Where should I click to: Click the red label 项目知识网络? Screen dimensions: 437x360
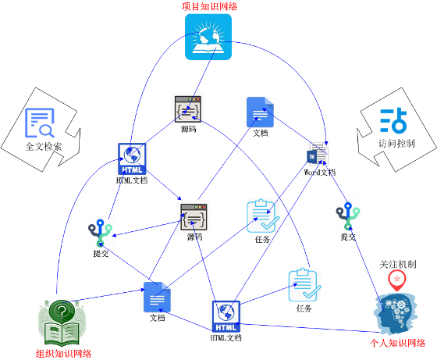pyautogui.click(x=209, y=6)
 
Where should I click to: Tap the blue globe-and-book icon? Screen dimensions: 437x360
pyautogui.click(x=208, y=37)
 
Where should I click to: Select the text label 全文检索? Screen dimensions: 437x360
pyautogui.click(x=44, y=146)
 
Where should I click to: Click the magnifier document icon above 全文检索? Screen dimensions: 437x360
pyautogui.click(x=40, y=123)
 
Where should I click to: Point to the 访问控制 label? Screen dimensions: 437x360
pyautogui.click(x=396, y=144)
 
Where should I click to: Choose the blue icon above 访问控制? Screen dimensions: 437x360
pyautogui.click(x=393, y=120)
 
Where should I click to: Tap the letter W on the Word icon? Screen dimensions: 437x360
pyautogui.click(x=312, y=157)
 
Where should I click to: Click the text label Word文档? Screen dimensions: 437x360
pyautogui.click(x=320, y=173)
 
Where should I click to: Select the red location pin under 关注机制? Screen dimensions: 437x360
pyautogui.click(x=397, y=280)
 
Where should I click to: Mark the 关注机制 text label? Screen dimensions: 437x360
pyautogui.click(x=398, y=264)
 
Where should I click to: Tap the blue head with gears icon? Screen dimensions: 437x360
pyautogui.click(x=396, y=313)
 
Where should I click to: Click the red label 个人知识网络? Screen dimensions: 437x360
pyautogui.click(x=397, y=343)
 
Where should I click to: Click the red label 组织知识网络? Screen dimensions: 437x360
pyautogui.click(x=63, y=354)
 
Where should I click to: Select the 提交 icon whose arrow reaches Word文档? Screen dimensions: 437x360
pyautogui.click(x=348, y=216)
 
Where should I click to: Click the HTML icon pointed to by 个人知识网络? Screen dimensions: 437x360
pyautogui.click(x=226, y=316)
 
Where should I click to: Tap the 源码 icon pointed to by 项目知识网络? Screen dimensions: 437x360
pyautogui.click(x=188, y=109)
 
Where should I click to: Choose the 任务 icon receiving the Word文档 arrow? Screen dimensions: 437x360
pyautogui.click(x=262, y=216)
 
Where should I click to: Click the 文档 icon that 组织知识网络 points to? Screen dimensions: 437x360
pyautogui.click(x=157, y=297)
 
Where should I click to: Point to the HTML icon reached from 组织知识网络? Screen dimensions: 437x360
pyautogui.click(x=132, y=159)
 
